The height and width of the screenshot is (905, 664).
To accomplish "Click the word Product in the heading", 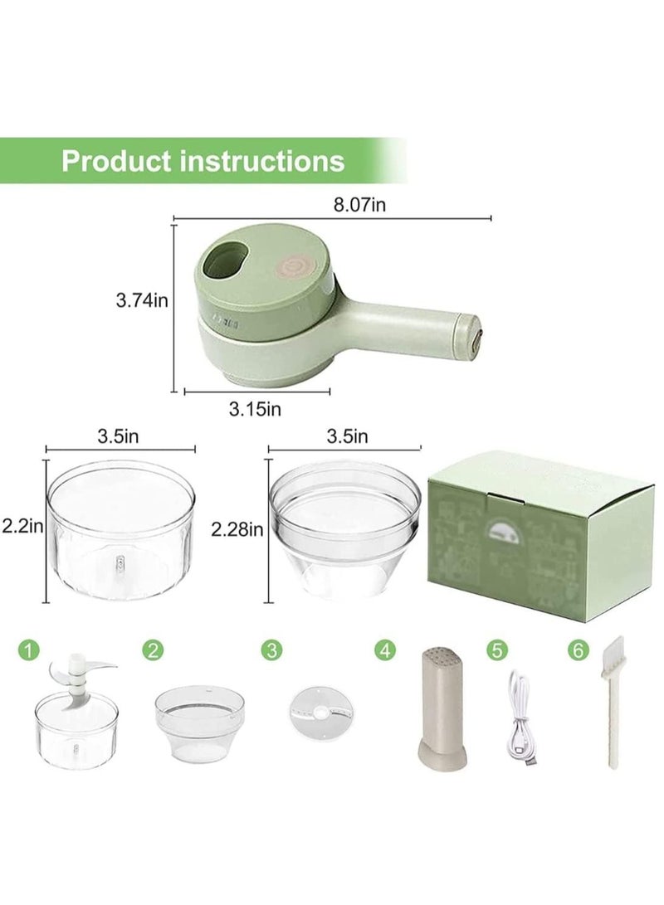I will [120, 159].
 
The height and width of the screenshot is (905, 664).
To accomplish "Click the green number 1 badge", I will [30, 650].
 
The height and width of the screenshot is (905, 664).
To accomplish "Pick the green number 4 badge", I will [383, 650].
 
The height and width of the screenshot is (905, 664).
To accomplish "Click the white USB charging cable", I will [516, 713].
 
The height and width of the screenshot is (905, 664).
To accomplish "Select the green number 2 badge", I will [151, 650].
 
